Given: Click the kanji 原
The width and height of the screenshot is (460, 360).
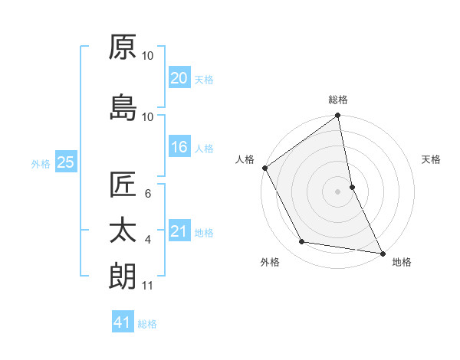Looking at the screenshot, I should coord(123,47).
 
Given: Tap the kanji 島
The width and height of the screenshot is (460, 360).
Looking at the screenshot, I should coord(123,107).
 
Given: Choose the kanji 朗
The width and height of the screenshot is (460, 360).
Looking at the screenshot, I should coord(123,276).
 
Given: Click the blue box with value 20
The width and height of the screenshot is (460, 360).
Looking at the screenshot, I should coord(179,77).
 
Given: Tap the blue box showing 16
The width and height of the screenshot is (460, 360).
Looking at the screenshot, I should coord(179,147).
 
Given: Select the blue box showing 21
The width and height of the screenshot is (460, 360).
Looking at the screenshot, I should coord(179,231).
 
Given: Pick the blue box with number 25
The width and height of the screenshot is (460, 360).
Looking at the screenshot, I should coord(65,162).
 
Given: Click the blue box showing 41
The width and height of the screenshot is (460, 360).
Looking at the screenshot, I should coord(123,322).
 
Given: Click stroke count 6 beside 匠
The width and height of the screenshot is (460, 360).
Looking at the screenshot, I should coord(148,195).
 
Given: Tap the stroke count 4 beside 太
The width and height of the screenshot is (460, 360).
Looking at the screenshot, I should coord(148,240).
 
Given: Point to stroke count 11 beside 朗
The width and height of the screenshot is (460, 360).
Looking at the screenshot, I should coord(148,286).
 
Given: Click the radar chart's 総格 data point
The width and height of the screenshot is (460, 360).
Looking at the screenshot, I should coord(337,116).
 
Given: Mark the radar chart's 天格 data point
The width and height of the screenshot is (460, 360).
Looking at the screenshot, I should coord(352,187).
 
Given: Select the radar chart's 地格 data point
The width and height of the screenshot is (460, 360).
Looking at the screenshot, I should coord(382,253).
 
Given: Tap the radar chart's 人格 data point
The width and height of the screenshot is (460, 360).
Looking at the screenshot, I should coord(264,168).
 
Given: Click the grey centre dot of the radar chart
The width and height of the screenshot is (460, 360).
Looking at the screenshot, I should coord(337,191).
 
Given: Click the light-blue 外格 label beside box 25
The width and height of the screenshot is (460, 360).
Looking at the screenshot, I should coord(41,163).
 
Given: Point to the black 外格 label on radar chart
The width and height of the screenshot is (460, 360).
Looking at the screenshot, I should coord(270,263).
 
